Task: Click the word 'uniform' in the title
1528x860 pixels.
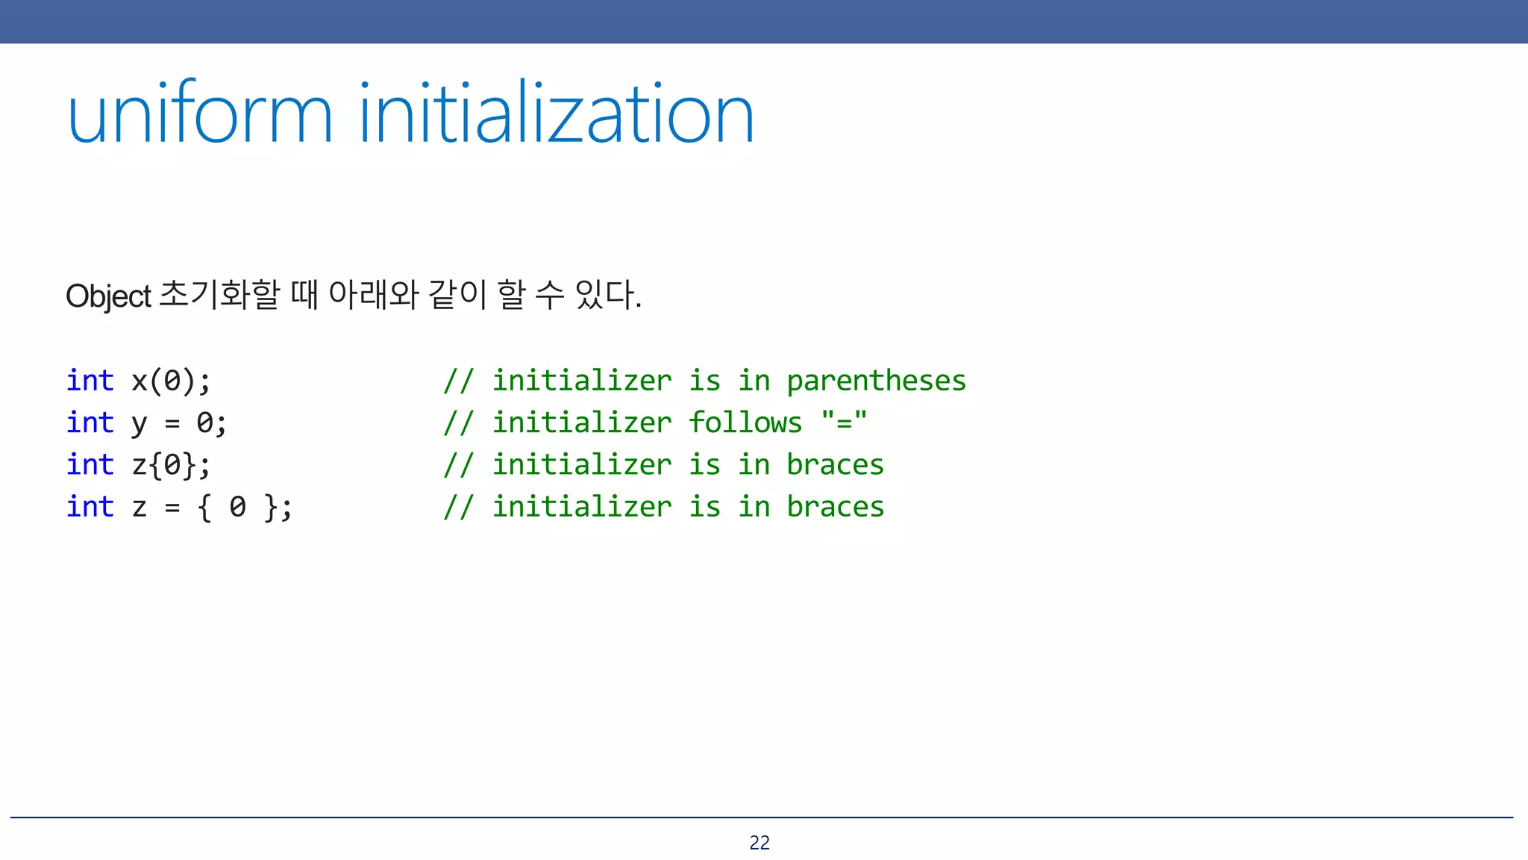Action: pos(199,114)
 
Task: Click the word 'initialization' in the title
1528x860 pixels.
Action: pos(557,114)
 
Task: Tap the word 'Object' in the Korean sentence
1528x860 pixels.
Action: pos(108,296)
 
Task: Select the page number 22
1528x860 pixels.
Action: pos(760,842)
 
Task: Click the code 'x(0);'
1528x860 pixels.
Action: pos(172,381)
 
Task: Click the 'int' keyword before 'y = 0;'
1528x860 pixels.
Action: pos(90,423)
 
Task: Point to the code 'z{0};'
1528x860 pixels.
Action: pos(172,465)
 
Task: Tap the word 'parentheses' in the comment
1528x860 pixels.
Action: pos(876,381)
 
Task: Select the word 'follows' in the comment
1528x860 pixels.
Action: pos(745,423)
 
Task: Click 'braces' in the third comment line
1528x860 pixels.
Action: pos(835,465)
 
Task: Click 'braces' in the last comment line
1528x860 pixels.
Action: pos(835,507)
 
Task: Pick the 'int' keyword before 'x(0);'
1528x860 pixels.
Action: pos(90,381)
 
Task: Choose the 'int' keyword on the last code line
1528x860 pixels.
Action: pos(90,507)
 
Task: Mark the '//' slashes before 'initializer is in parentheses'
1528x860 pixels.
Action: pos(458,381)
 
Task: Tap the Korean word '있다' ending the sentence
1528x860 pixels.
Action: pos(606,294)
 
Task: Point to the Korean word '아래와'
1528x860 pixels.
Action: pos(373,294)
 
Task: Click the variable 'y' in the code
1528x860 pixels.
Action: pos(140,424)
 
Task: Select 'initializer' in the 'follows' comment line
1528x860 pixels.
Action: pos(582,423)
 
